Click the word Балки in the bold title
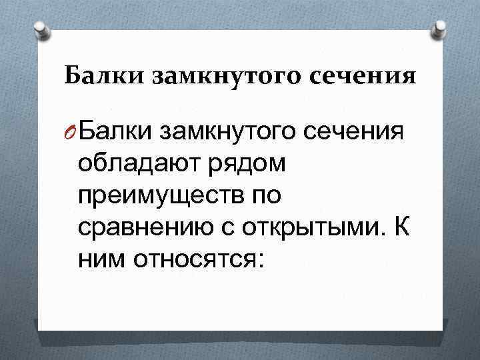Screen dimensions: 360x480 (x=104, y=76)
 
